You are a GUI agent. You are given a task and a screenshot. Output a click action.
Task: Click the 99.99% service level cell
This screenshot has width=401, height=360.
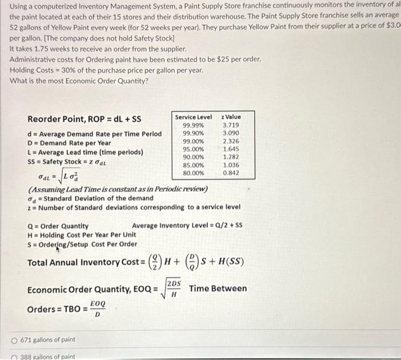click(x=193, y=125)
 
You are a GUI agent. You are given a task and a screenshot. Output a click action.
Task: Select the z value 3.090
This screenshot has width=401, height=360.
click(x=230, y=133)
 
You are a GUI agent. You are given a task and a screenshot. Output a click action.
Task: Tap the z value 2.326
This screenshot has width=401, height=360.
click(x=230, y=141)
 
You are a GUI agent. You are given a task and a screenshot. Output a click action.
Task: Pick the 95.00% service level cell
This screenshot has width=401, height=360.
click(x=193, y=149)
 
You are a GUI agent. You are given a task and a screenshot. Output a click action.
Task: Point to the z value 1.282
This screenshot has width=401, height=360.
click(x=230, y=157)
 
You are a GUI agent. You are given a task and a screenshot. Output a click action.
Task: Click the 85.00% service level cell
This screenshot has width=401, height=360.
click(x=193, y=165)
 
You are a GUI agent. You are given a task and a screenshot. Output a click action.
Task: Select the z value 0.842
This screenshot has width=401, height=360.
click(x=230, y=172)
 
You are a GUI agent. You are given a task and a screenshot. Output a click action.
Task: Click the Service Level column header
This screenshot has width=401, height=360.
click(x=193, y=117)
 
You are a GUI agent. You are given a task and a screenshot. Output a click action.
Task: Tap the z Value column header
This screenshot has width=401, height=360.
click(x=230, y=117)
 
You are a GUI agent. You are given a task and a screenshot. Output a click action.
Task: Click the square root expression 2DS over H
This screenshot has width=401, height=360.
click(x=173, y=289)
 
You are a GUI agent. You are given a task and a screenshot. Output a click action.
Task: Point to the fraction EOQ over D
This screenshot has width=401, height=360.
click(x=97, y=309)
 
